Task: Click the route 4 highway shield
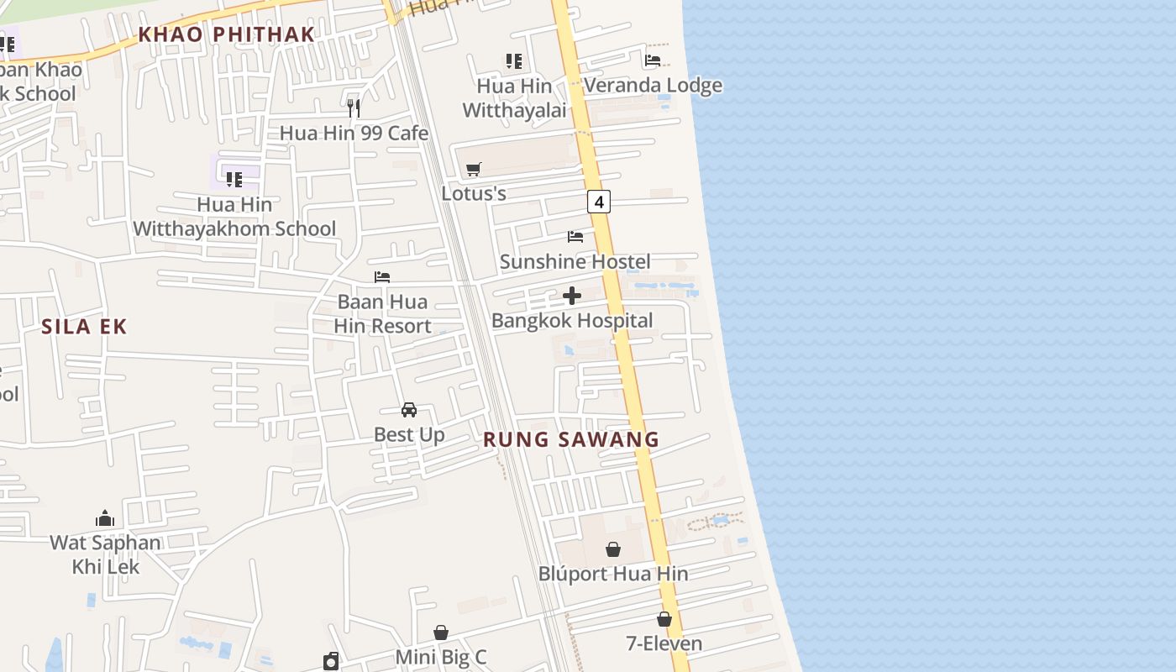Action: [x=598, y=202]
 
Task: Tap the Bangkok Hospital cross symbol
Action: [x=572, y=296]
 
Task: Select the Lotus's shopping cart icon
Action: [x=474, y=170]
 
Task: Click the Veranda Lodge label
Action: [x=653, y=86]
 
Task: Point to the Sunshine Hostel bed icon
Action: [x=575, y=237]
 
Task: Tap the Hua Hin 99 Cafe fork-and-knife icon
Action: [x=354, y=108]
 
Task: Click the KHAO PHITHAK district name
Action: [x=226, y=34]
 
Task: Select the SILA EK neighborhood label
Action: [x=84, y=327]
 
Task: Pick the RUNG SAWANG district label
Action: [x=571, y=439]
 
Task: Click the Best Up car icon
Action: [x=409, y=410]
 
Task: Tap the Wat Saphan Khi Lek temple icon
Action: [x=105, y=518]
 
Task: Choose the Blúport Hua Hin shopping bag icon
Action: [x=613, y=549]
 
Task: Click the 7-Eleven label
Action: [x=664, y=644]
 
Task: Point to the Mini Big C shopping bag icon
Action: [x=441, y=633]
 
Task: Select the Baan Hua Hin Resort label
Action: [x=383, y=314]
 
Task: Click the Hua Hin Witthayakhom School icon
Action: [x=234, y=179]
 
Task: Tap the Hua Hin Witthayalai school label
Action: [x=515, y=98]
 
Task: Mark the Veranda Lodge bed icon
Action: [x=653, y=60]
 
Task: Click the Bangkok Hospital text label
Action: [x=572, y=321]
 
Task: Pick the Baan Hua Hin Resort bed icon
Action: [x=382, y=277]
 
